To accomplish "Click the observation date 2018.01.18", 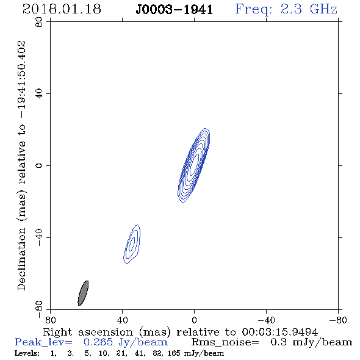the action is pos(62,9).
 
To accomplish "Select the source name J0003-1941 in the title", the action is pos(175,10).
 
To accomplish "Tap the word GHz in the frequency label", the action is pos(323,9).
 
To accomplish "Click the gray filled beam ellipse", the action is pos(83,293).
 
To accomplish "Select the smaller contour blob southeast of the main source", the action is pos(132,244).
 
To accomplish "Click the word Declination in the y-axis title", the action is pos(21,259).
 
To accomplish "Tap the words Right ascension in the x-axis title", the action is pos(88,332).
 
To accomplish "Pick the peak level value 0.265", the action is pos(98,342).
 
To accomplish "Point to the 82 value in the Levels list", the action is pos(157,353).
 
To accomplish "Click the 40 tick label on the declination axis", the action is pos(39,93).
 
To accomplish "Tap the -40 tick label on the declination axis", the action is pos(39,237).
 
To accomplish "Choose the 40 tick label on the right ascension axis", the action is pos(122,320).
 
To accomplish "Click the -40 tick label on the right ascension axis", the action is pos(266,320).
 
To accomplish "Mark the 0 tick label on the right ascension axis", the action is pos(194,320).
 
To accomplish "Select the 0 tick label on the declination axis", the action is pos(39,165).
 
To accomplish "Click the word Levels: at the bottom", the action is pos(27,353).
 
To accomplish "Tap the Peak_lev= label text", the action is pos(43,342).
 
